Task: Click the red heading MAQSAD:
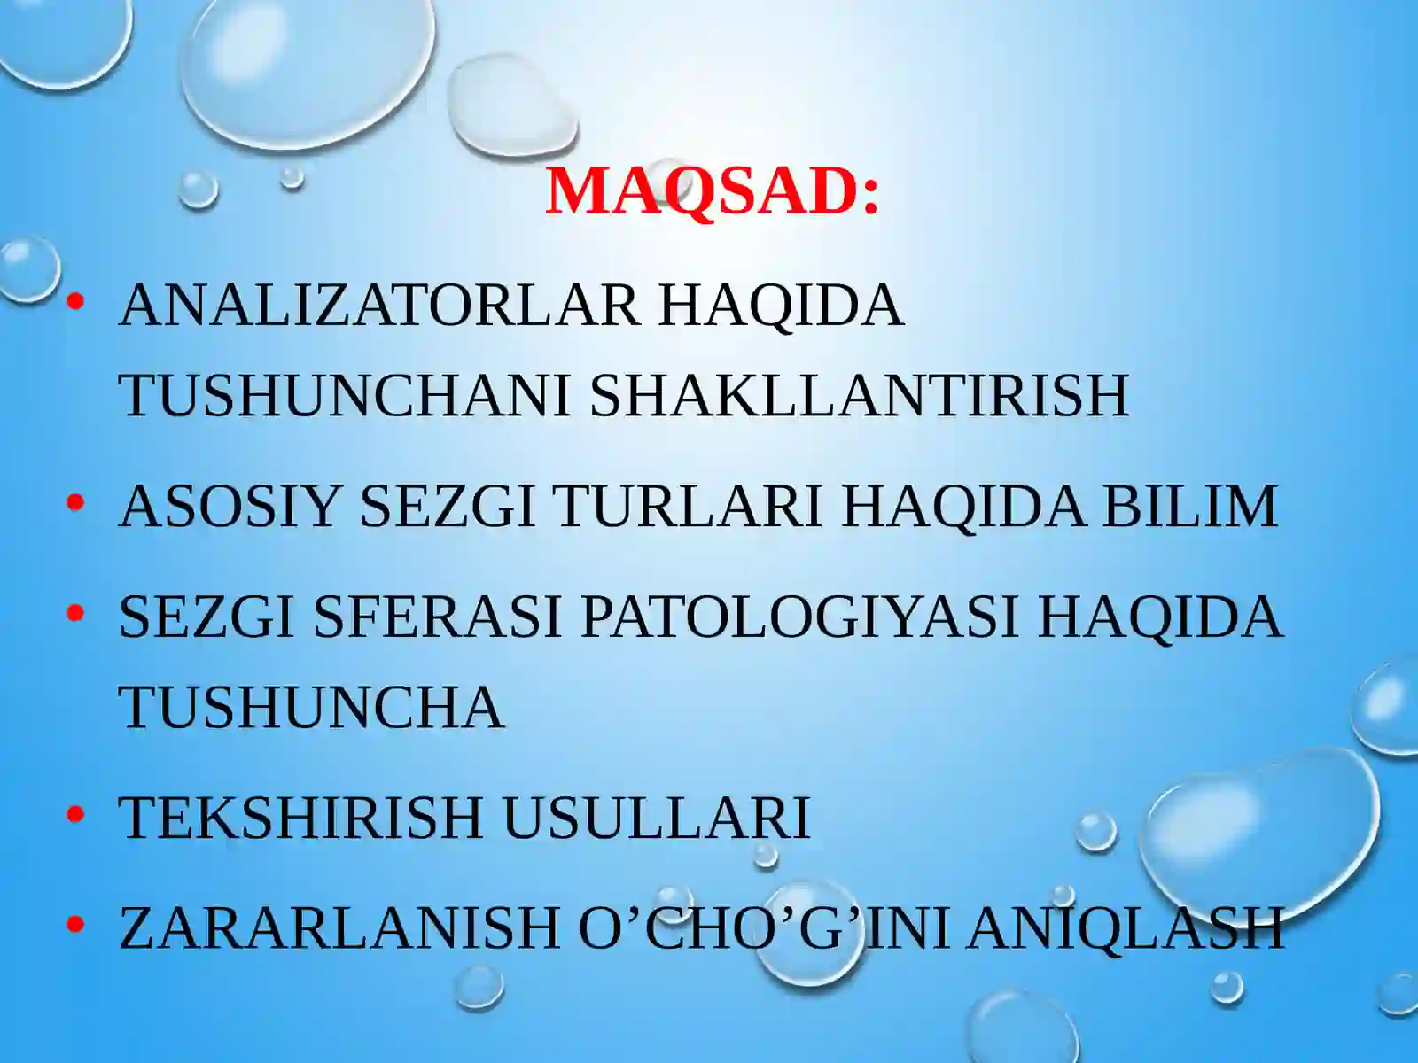[x=712, y=190]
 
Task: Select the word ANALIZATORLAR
[x=378, y=306]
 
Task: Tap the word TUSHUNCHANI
[x=345, y=395]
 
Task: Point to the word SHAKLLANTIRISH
[x=859, y=395]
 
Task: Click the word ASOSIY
[x=230, y=507]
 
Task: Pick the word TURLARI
[x=689, y=507]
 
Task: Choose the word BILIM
[x=1189, y=507]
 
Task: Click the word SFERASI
[x=437, y=617]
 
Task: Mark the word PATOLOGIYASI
[x=799, y=617]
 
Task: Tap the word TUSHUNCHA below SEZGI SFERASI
[x=311, y=708]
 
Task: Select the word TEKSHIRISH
[x=300, y=818]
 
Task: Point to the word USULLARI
[x=656, y=818]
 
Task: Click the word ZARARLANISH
[x=339, y=927]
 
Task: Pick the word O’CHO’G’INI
[x=763, y=927]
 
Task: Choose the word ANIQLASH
[x=1125, y=927]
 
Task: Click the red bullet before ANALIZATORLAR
[x=75, y=302]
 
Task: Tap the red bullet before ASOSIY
[x=75, y=503]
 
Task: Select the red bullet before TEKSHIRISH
[x=75, y=814]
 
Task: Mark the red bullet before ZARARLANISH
[x=75, y=924]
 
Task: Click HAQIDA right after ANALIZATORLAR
[x=780, y=306]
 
